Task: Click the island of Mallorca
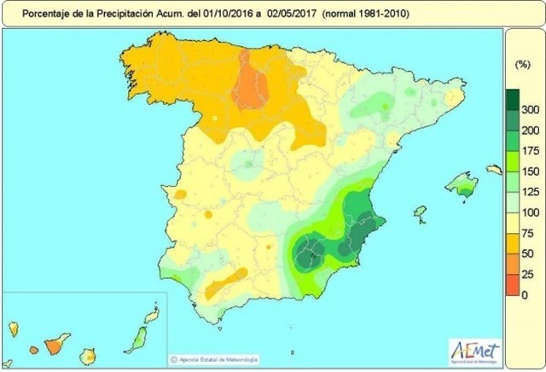(462, 182)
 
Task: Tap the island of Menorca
(494, 171)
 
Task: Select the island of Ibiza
(419, 212)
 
